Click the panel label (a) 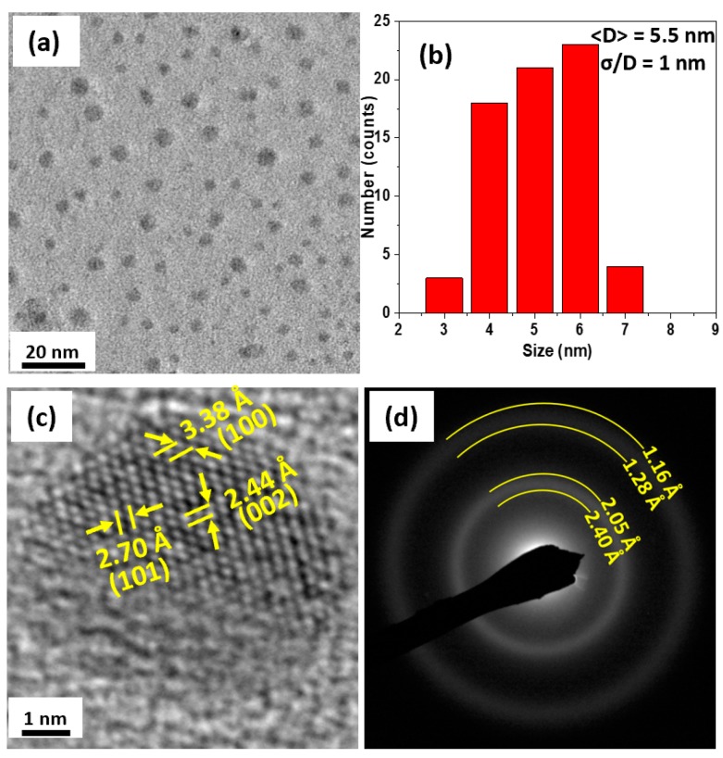[x=45, y=42]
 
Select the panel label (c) [x=45, y=417]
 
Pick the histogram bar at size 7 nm [x=625, y=289]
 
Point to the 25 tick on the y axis [x=383, y=20]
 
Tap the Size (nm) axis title [x=556, y=351]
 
